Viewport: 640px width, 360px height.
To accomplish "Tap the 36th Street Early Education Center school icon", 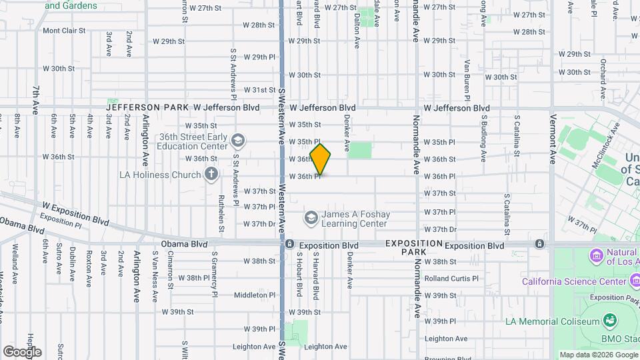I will (x=238, y=141).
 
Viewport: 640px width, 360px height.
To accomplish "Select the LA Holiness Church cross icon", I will (x=211, y=175).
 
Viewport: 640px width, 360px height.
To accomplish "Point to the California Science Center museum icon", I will (x=511, y=281).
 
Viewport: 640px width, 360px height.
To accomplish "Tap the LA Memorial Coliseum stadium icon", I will (x=608, y=321).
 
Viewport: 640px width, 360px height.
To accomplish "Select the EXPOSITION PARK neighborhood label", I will (x=413, y=248).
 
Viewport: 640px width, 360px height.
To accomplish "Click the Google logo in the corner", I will (x=22, y=351).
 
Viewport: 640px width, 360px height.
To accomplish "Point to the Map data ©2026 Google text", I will (x=597, y=355).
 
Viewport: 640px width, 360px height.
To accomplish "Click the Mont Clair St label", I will (x=65, y=31).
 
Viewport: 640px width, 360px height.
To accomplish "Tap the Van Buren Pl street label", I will (x=467, y=75).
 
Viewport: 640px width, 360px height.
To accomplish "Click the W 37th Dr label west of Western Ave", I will (x=259, y=224).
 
